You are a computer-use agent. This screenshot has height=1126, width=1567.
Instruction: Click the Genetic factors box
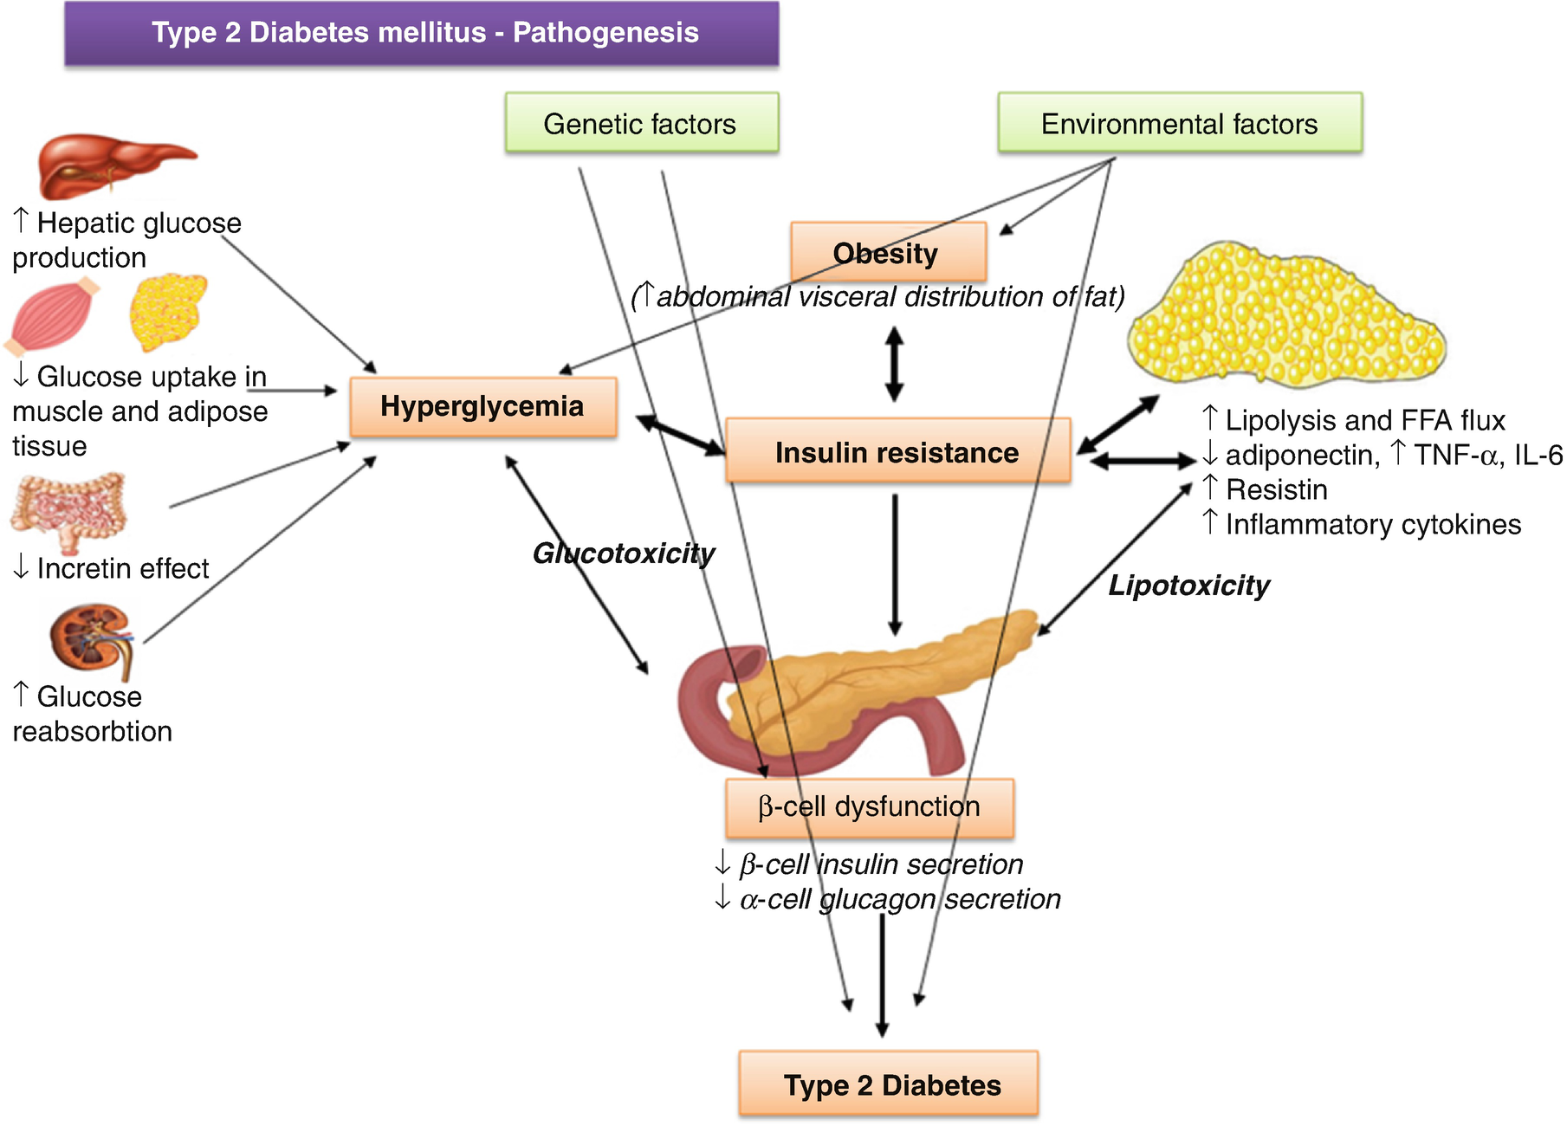[641, 124]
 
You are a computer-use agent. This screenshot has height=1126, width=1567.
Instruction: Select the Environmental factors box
[1179, 124]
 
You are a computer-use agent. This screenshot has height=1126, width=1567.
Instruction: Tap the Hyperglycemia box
[482, 406]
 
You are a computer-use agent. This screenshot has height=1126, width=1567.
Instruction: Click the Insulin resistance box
[897, 452]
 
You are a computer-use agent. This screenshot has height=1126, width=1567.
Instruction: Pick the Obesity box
[887, 253]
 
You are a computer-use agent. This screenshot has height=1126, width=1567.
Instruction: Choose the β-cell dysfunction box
[869, 807]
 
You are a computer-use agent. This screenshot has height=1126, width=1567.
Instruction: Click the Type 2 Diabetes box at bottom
[889, 1084]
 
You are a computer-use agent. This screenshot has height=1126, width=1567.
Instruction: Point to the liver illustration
[113, 165]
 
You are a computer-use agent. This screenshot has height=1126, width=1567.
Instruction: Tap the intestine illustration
[69, 511]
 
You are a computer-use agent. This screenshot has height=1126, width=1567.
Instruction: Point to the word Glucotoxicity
[624, 553]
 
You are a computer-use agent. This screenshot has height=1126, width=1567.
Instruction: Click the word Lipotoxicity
[1188, 586]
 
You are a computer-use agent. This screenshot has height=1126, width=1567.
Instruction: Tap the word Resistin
[1277, 490]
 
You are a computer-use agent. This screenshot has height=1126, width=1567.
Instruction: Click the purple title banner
[422, 33]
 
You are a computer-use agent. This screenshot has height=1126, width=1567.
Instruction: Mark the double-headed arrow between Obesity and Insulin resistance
[894, 364]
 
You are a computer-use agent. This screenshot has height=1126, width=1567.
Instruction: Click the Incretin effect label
[121, 569]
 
